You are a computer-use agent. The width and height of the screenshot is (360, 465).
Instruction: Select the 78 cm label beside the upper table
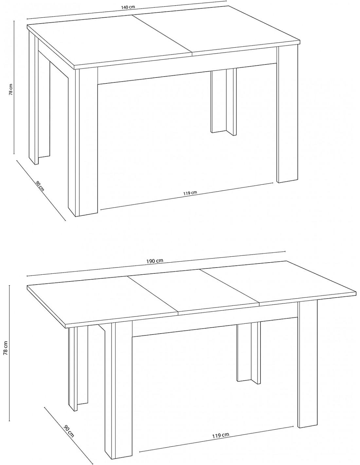tap(11, 89)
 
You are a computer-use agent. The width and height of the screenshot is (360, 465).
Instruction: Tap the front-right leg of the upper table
tap(287, 113)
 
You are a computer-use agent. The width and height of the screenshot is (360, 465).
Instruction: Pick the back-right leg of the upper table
tap(224, 102)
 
